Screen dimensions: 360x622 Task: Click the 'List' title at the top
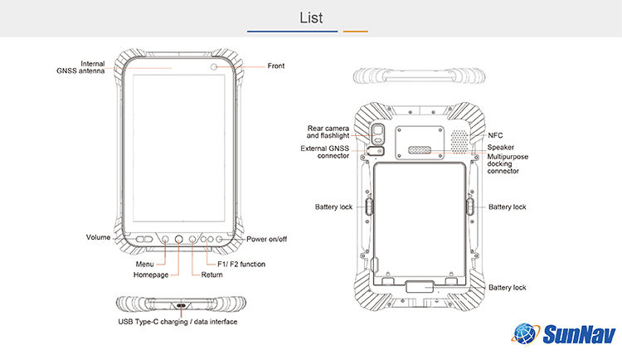point(311,17)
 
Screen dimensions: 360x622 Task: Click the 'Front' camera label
point(276,66)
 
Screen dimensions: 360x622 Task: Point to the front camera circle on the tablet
point(215,66)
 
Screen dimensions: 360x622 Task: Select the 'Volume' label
point(98,237)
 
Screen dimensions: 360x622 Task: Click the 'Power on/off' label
point(267,238)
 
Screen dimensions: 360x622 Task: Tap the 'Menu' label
point(144,265)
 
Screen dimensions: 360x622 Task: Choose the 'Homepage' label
point(151,275)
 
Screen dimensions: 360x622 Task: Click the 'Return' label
point(211,275)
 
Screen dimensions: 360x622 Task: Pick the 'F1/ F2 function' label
point(236,265)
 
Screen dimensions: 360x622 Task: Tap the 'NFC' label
point(495,135)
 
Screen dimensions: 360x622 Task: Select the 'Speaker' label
point(500,147)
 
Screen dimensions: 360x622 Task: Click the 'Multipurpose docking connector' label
point(508,163)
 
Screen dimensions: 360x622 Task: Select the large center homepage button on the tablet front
point(179,239)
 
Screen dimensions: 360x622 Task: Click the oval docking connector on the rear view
point(420,152)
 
